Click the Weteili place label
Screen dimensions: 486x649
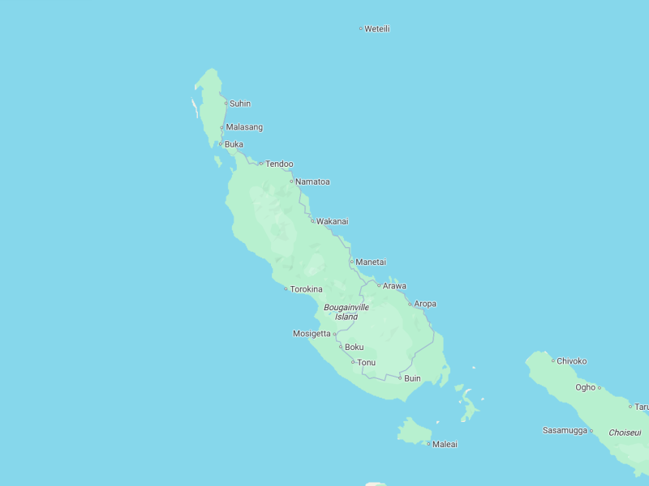point(377,29)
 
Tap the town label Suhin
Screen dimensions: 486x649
point(239,104)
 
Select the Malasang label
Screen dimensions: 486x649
point(243,127)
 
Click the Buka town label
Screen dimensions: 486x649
point(234,145)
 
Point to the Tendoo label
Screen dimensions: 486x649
point(279,164)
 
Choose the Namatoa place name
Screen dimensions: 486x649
point(312,182)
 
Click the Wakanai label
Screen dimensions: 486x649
point(332,221)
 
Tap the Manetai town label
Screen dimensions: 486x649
point(371,262)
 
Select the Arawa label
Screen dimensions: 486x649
point(394,286)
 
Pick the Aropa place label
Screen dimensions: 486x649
point(425,305)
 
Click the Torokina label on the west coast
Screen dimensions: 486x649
point(306,289)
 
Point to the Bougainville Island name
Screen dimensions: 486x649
point(346,312)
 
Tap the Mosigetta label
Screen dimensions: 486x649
point(312,334)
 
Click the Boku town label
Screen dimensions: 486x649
point(355,347)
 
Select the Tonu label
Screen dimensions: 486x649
point(366,362)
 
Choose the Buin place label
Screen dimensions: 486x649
point(412,378)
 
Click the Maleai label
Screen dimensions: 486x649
point(445,444)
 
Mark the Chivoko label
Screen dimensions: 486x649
point(571,361)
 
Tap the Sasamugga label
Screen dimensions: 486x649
point(565,431)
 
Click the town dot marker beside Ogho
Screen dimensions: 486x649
point(600,388)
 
